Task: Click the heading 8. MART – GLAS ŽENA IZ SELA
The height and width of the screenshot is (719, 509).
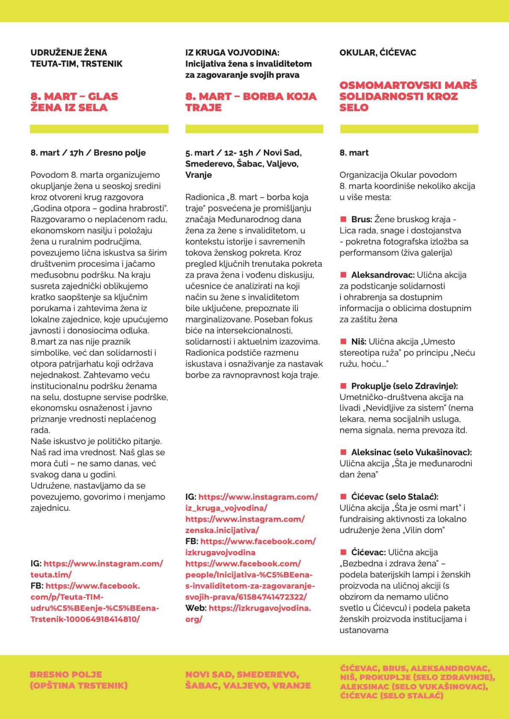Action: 74,102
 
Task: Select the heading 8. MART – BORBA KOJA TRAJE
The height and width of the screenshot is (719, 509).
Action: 251,102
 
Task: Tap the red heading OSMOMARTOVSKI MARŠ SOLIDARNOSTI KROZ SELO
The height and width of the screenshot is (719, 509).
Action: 408,96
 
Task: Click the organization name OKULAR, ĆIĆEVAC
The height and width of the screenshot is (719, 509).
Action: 378,53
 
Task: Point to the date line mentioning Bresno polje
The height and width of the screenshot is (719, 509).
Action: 88,153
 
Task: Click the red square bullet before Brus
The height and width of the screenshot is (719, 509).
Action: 343,219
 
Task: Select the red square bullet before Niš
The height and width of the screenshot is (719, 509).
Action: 343,341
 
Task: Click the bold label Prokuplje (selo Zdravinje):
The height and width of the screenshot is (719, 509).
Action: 404,386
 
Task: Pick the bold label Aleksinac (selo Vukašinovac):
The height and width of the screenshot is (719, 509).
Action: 411,452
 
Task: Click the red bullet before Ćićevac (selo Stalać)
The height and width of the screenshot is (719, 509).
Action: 343,497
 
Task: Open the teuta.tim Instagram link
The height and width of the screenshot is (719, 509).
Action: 97,569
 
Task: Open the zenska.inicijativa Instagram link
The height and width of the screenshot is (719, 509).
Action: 245,525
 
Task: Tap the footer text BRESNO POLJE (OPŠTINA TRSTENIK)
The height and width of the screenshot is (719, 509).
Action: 79,680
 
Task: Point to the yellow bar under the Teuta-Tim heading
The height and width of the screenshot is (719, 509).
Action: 99,129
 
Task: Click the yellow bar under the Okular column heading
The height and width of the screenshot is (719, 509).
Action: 409,129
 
